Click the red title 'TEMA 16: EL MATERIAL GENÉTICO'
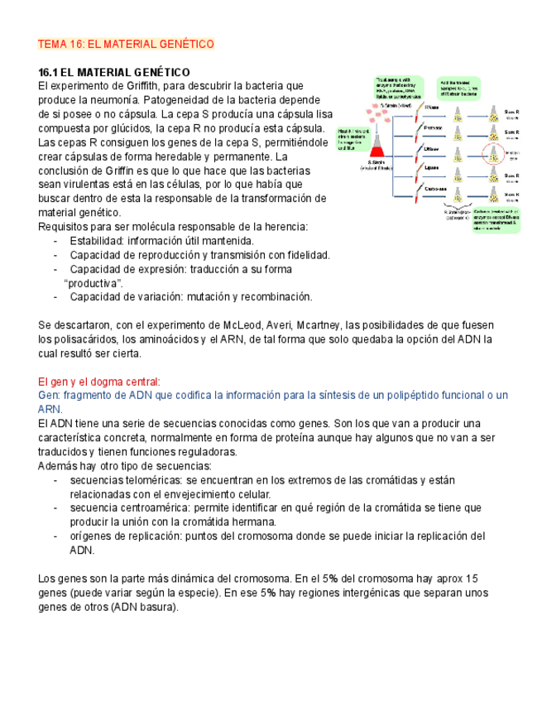tap(127, 43)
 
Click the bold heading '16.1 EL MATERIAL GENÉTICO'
tap(114, 72)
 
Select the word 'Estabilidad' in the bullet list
tap(99, 241)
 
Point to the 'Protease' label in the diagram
tap(433, 128)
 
